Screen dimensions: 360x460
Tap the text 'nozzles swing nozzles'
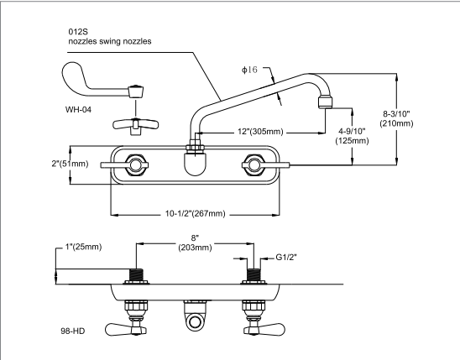click(110, 42)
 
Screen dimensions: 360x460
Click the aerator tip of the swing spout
click(324, 105)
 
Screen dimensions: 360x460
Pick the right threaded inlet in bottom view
click(251, 274)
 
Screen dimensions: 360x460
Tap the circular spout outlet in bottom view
click(194, 322)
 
